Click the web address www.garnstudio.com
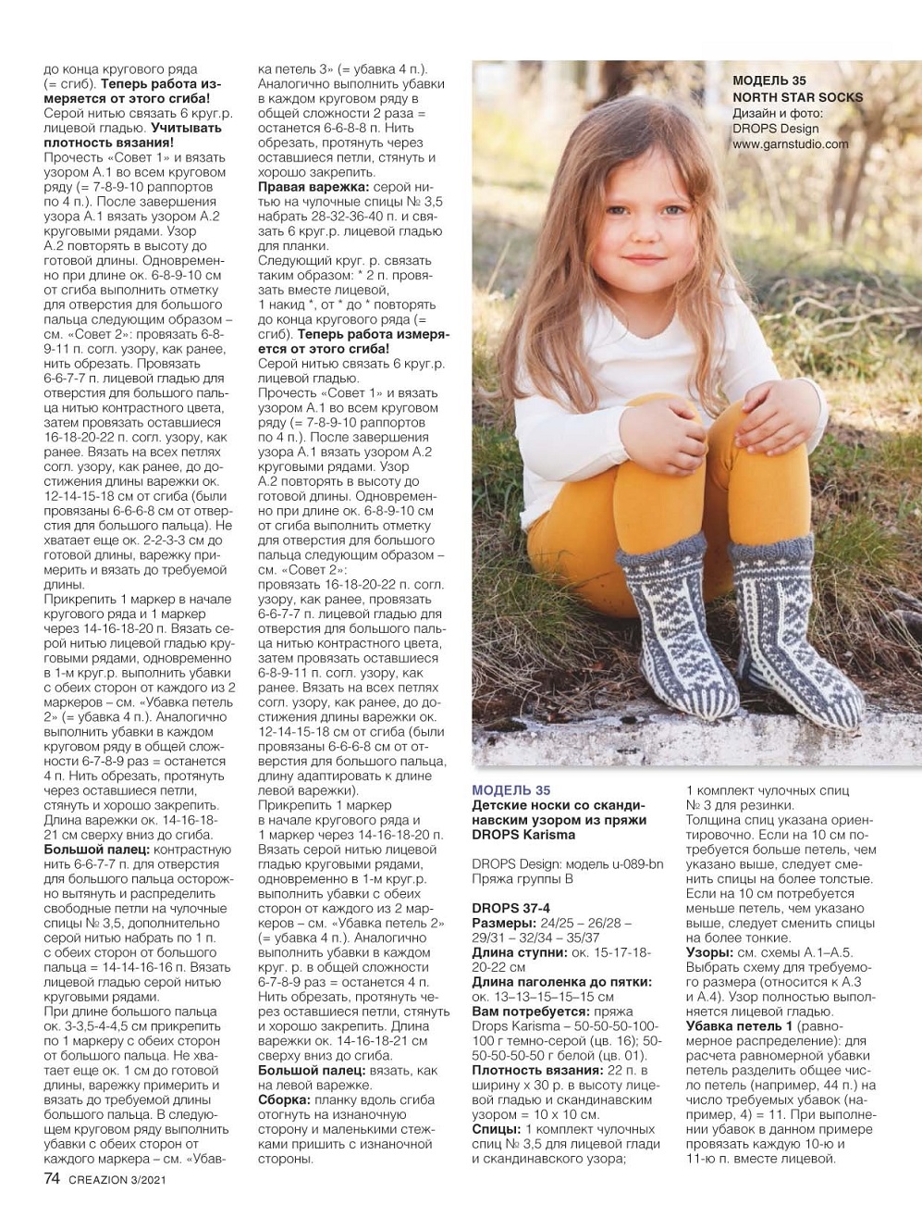pos(790,144)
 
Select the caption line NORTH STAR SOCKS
pos(797,97)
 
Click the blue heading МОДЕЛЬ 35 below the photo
pos(510,789)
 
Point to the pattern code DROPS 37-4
pos(510,908)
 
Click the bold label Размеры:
pos(504,924)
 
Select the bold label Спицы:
pos(496,1130)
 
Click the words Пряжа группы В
pos(521,877)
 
